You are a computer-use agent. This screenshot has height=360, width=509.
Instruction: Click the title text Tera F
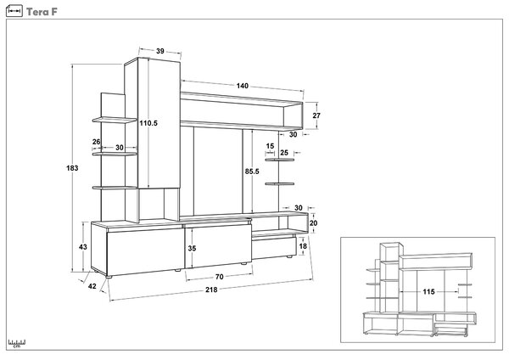42,12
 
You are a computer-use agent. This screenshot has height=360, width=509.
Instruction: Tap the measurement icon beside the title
14,11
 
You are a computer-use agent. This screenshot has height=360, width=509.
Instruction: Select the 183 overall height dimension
72,168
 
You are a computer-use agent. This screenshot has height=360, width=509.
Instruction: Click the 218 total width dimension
211,290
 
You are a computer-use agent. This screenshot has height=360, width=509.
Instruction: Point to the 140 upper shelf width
242,86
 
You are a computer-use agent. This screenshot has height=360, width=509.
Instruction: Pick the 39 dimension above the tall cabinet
160,51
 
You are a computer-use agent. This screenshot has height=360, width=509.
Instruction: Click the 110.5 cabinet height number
148,123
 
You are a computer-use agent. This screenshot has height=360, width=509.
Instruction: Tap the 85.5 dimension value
252,172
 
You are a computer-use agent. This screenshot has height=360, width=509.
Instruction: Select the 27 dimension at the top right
316,115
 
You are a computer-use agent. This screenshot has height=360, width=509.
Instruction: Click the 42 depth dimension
92,286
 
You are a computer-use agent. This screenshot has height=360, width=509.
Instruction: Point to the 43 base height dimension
83,247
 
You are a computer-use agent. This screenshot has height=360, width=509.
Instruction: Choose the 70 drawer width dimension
220,277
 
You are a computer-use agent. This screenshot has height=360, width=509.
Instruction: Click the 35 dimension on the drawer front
192,249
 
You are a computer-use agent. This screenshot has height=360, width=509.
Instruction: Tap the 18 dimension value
303,246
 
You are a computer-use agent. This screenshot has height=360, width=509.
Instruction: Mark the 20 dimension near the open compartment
313,223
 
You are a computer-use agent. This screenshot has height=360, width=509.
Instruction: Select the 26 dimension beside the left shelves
97,142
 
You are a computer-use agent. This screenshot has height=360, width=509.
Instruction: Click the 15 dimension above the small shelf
270,146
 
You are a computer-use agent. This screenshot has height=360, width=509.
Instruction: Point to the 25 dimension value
284,153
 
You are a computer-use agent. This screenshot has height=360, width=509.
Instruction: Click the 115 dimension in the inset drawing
428,292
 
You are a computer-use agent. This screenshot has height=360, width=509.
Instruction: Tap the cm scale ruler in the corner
17,344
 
